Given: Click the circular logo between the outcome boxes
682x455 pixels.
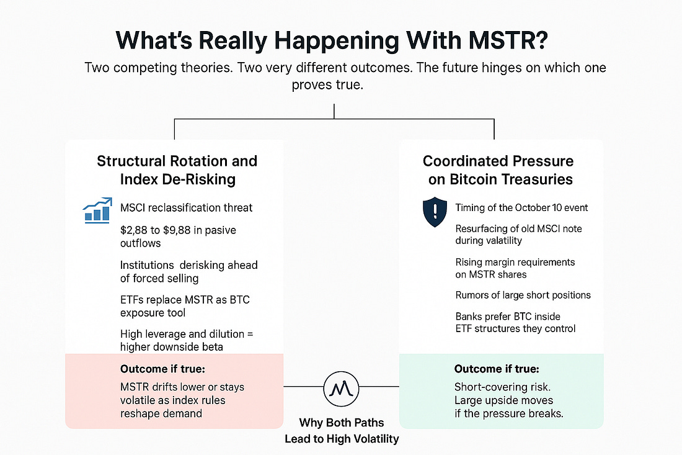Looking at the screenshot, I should pyautogui.click(x=340, y=387).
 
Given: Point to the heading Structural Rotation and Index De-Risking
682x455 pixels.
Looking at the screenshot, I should pyautogui.click(x=177, y=170).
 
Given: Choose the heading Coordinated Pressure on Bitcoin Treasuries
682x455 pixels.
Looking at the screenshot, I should pyautogui.click(x=498, y=170).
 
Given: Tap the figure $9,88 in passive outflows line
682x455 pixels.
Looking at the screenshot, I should pyautogui.click(x=180, y=230).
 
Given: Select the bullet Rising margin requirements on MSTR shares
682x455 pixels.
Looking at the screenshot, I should pyautogui.click(x=515, y=269).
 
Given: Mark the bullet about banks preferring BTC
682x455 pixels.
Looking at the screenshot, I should pyautogui.click(x=515, y=322).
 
